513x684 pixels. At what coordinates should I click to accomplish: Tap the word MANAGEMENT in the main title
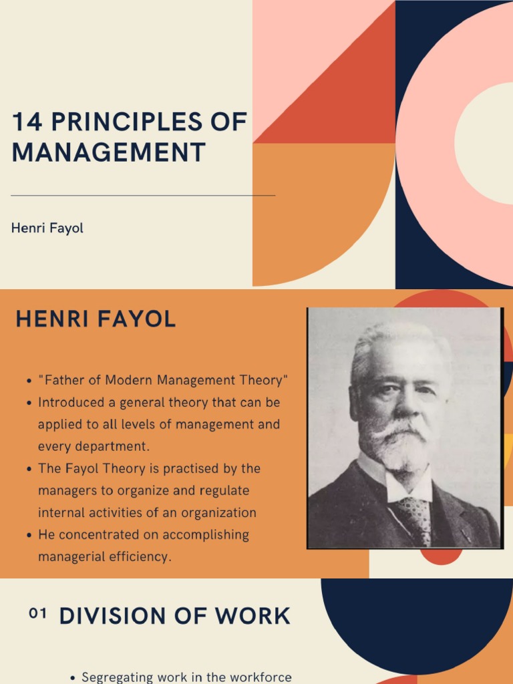pos(108,153)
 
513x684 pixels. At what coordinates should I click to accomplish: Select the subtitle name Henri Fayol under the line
pos(47,228)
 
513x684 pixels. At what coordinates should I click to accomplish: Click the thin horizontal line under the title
pos(143,196)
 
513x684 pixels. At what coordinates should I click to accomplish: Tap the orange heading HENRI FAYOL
pos(96,319)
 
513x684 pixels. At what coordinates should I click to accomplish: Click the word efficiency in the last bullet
pos(138,556)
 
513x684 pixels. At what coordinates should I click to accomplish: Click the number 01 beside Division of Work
pos(38,614)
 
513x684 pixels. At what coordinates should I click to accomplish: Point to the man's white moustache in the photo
pos(401,427)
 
